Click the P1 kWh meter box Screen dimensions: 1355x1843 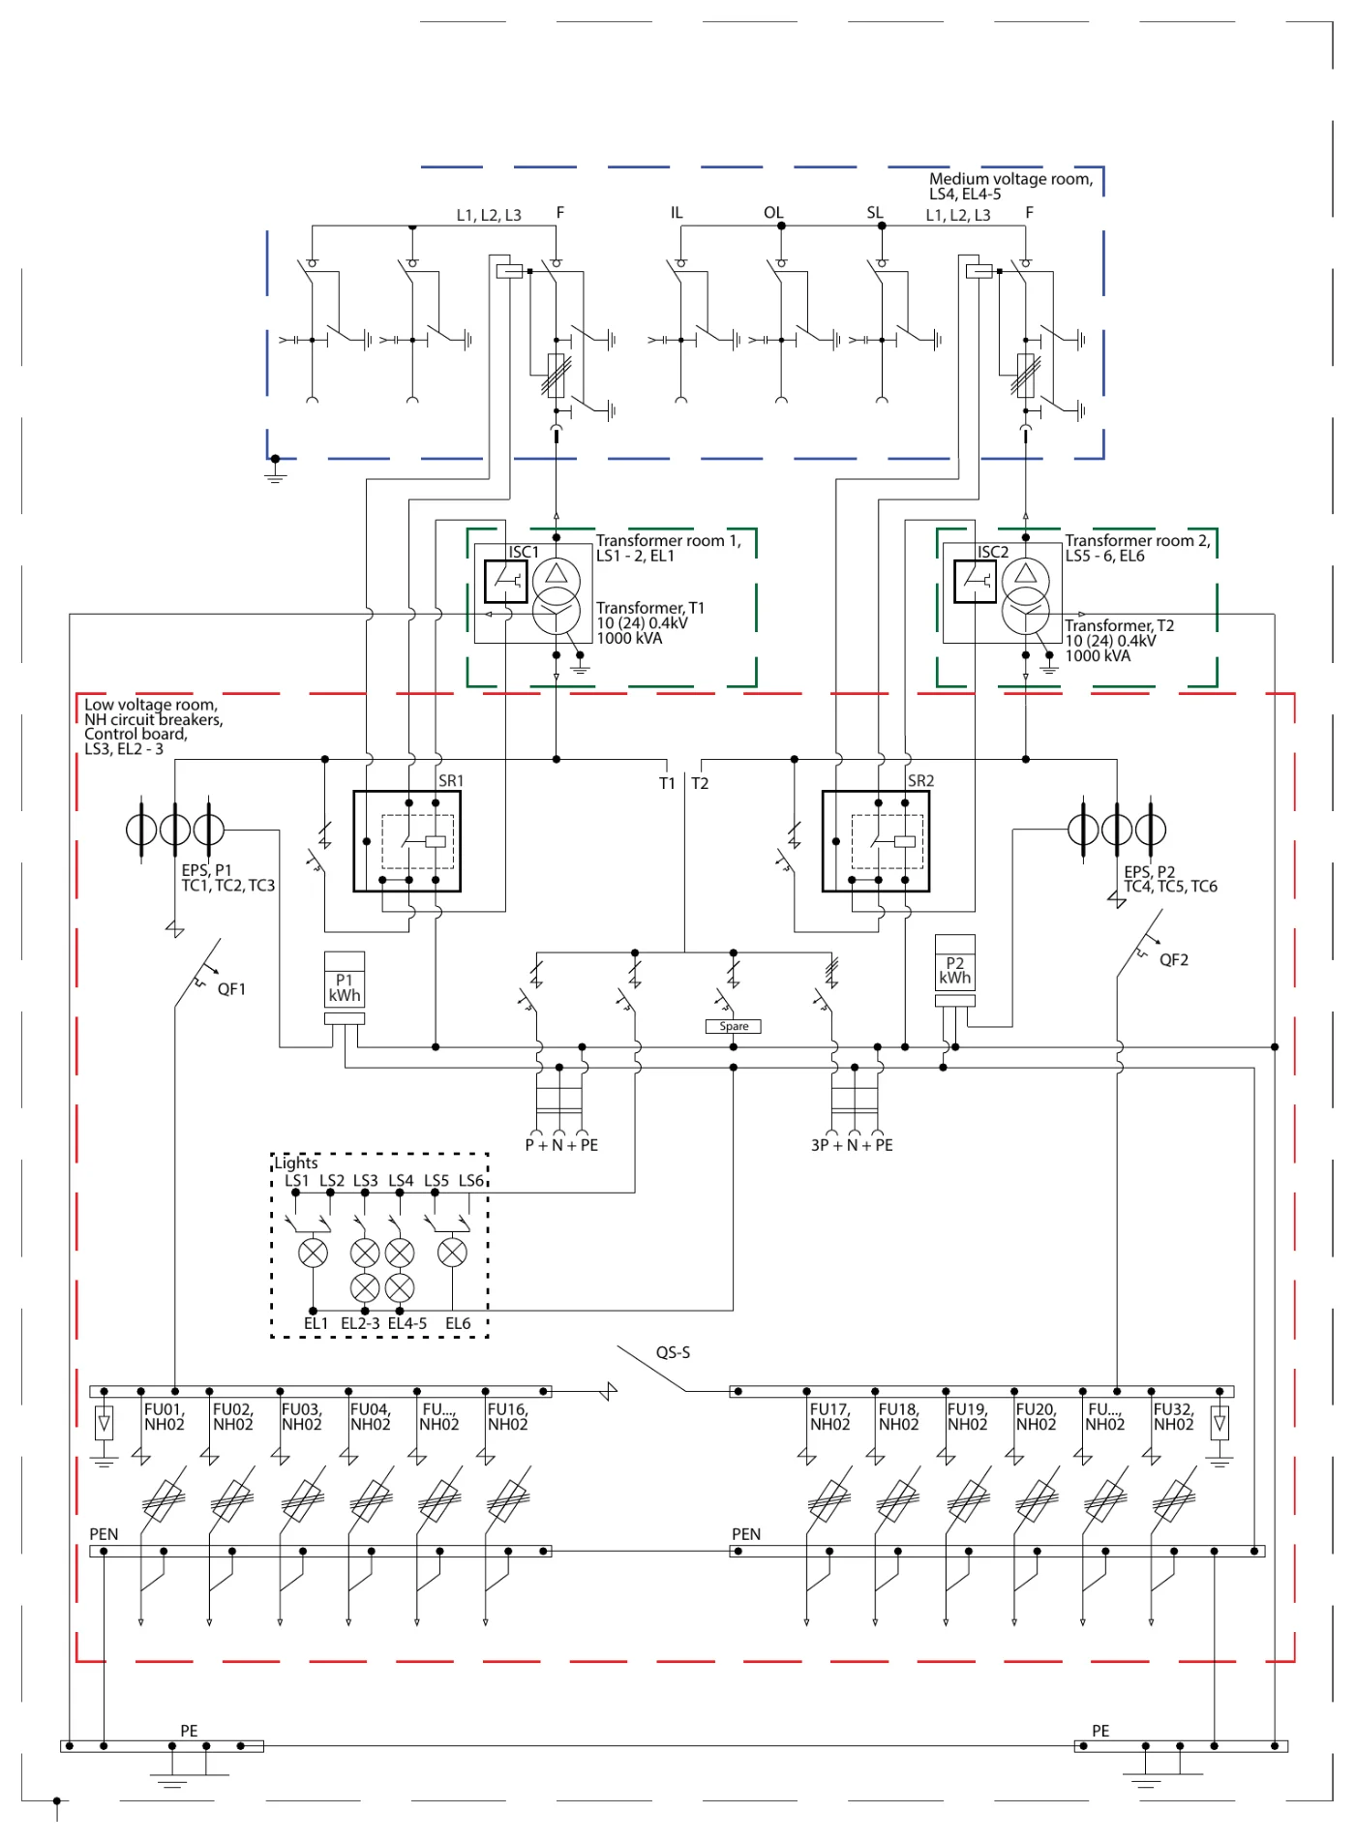pos(345,981)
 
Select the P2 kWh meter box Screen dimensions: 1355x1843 pos(955,963)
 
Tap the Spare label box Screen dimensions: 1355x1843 pos(734,1026)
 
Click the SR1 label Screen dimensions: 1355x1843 pos(451,780)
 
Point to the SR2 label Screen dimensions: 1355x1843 pos(920,780)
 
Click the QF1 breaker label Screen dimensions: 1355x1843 pos(231,989)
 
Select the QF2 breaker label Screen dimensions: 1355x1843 pos(1174,960)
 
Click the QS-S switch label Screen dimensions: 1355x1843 pos(673,1352)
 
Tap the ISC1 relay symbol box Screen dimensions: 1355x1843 pos(506,582)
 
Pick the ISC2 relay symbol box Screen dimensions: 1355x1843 pos(976,582)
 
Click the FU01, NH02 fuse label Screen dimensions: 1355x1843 pos(165,1417)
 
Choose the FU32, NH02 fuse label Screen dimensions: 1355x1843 pos(1174,1417)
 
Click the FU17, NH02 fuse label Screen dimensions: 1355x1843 pos(830,1417)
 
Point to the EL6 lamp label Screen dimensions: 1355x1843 pos(458,1323)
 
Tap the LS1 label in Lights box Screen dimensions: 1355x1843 pos(297,1181)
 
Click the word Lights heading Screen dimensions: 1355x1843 pos(296,1163)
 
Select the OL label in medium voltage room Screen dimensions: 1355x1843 pos(773,213)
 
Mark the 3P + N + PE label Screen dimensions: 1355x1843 pos(852,1145)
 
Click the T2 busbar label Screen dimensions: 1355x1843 pos(700,783)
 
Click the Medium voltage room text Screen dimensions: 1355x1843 pos(1010,179)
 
